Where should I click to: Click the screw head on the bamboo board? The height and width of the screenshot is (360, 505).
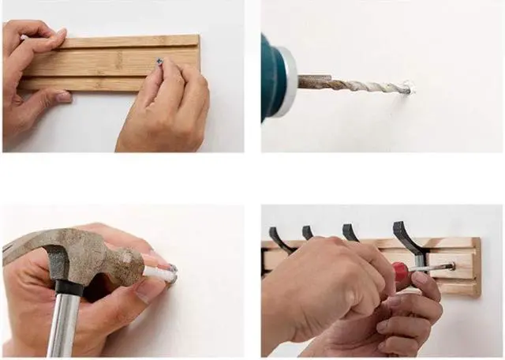[160, 61]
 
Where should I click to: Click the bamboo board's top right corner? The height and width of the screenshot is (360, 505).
[196, 36]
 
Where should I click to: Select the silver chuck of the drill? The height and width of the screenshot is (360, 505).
[286, 81]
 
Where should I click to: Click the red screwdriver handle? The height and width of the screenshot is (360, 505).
[401, 272]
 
